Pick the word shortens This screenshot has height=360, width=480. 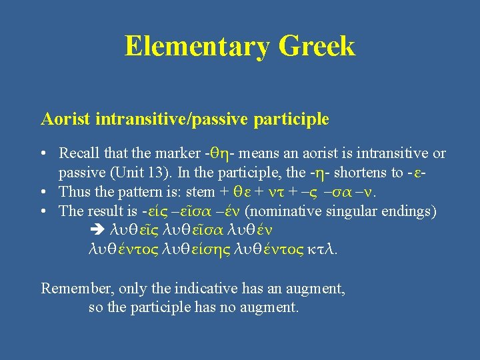coord(359,173)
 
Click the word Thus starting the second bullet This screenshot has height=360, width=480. coord(74,192)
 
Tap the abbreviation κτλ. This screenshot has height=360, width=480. coord(323,249)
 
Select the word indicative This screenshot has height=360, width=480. coord(203,288)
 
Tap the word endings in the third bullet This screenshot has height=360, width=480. coord(411,211)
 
